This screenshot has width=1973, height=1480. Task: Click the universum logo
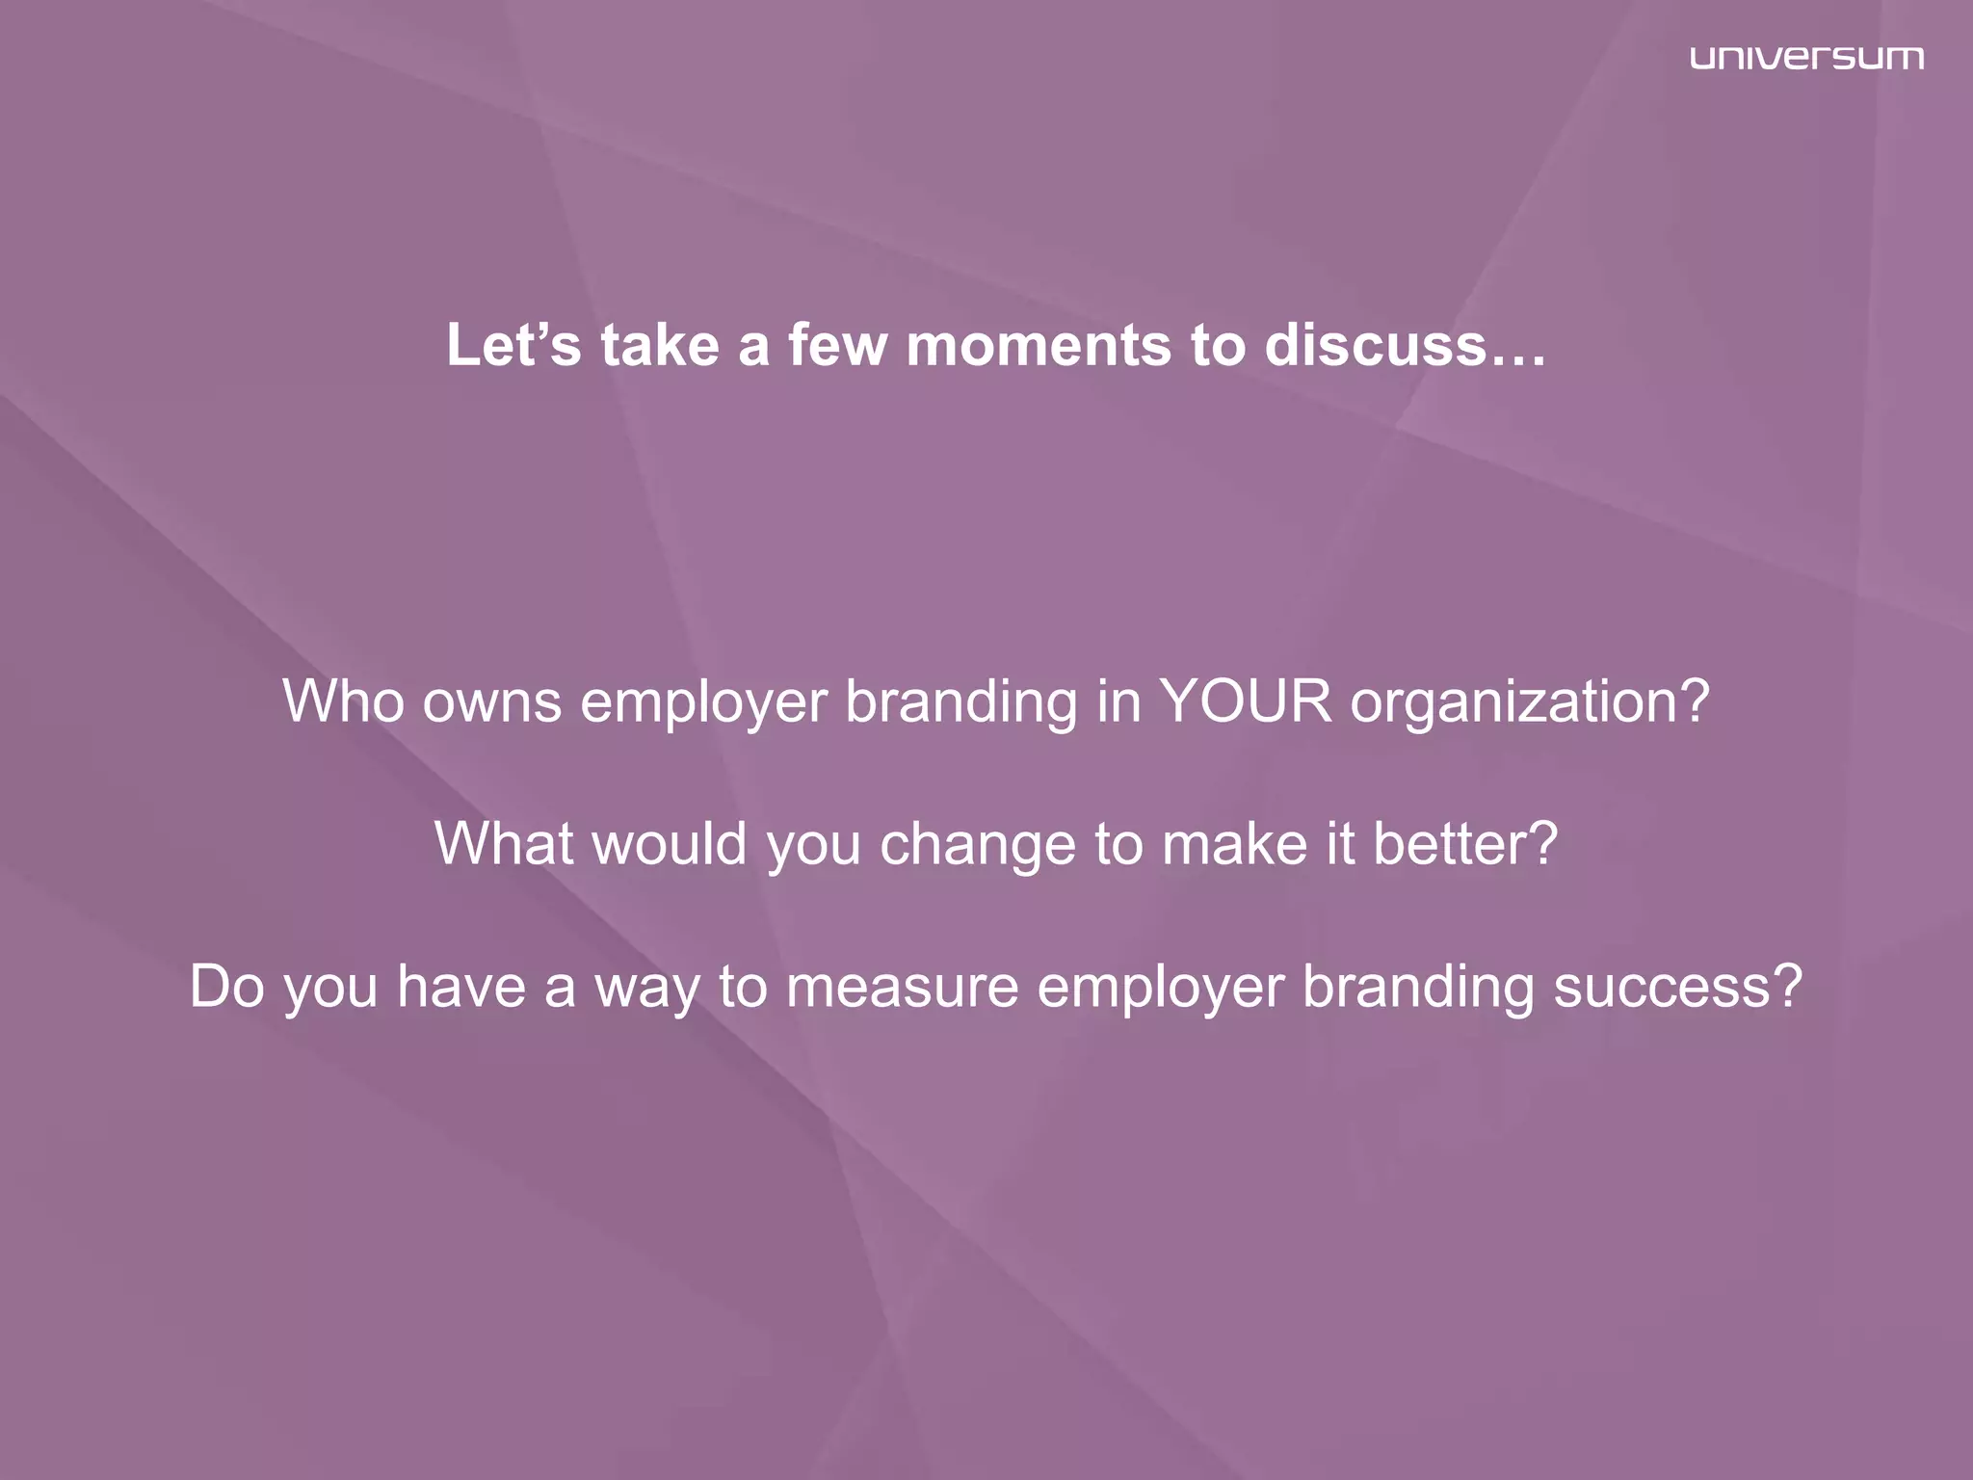click(1806, 58)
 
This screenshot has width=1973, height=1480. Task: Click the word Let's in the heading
click(513, 345)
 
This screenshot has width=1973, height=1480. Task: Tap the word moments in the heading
click(1039, 345)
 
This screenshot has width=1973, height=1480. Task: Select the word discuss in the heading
click(1377, 345)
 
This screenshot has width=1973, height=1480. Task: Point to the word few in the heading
click(837, 345)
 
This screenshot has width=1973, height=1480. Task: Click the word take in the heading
click(660, 345)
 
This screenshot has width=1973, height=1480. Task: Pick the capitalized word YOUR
click(1246, 700)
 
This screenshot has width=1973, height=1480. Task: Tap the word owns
click(491, 700)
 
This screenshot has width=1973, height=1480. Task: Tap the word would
click(670, 843)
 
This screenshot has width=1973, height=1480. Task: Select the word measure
click(902, 987)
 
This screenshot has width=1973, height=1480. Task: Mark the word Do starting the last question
click(226, 987)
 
